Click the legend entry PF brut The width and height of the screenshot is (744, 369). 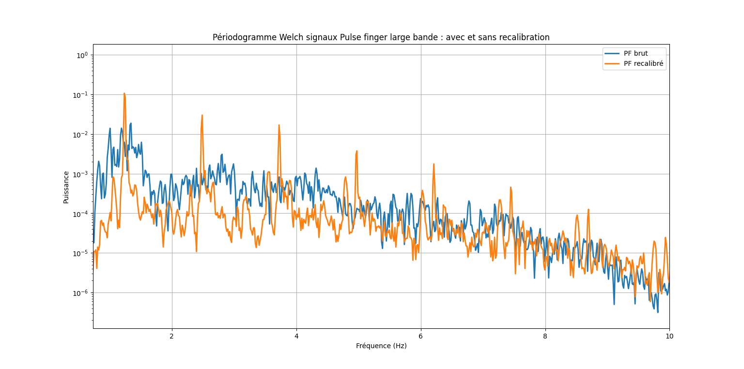point(635,53)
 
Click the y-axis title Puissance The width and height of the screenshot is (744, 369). point(66,187)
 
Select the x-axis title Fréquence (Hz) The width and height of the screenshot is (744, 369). point(381,346)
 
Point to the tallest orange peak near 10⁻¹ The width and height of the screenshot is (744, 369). point(124,93)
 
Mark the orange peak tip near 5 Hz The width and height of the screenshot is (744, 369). point(356,151)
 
